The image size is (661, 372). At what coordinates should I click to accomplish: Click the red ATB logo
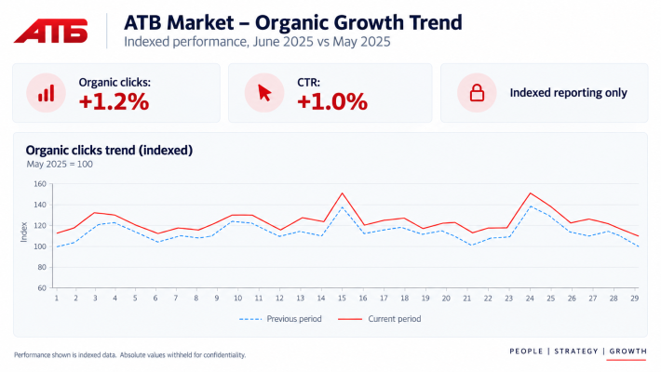(51, 31)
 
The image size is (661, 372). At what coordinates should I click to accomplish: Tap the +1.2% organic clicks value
(114, 102)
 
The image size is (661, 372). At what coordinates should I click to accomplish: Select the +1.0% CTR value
(332, 102)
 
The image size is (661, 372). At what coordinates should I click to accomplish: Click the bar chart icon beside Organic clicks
(46, 93)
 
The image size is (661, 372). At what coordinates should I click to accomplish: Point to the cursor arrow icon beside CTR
(264, 93)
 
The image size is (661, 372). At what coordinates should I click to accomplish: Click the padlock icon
(477, 93)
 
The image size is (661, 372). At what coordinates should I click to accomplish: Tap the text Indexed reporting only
(568, 93)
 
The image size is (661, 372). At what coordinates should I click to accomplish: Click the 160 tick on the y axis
(40, 184)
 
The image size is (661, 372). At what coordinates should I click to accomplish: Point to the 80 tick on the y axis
(41, 267)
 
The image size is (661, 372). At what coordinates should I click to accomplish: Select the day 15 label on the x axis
(342, 299)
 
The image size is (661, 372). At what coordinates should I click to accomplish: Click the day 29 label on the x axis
(634, 299)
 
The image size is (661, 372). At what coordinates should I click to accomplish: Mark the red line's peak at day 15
(342, 193)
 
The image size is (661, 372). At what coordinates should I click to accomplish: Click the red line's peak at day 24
(530, 193)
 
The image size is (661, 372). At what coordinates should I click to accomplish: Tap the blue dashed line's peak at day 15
(342, 206)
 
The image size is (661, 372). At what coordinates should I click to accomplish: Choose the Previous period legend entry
(280, 319)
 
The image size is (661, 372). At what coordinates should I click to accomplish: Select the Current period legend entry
(380, 319)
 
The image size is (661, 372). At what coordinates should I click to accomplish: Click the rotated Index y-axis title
(24, 232)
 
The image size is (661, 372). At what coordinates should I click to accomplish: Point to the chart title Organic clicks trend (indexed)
(109, 151)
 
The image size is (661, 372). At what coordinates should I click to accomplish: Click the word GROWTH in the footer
(627, 351)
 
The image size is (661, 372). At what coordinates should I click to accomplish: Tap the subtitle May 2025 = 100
(60, 165)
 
